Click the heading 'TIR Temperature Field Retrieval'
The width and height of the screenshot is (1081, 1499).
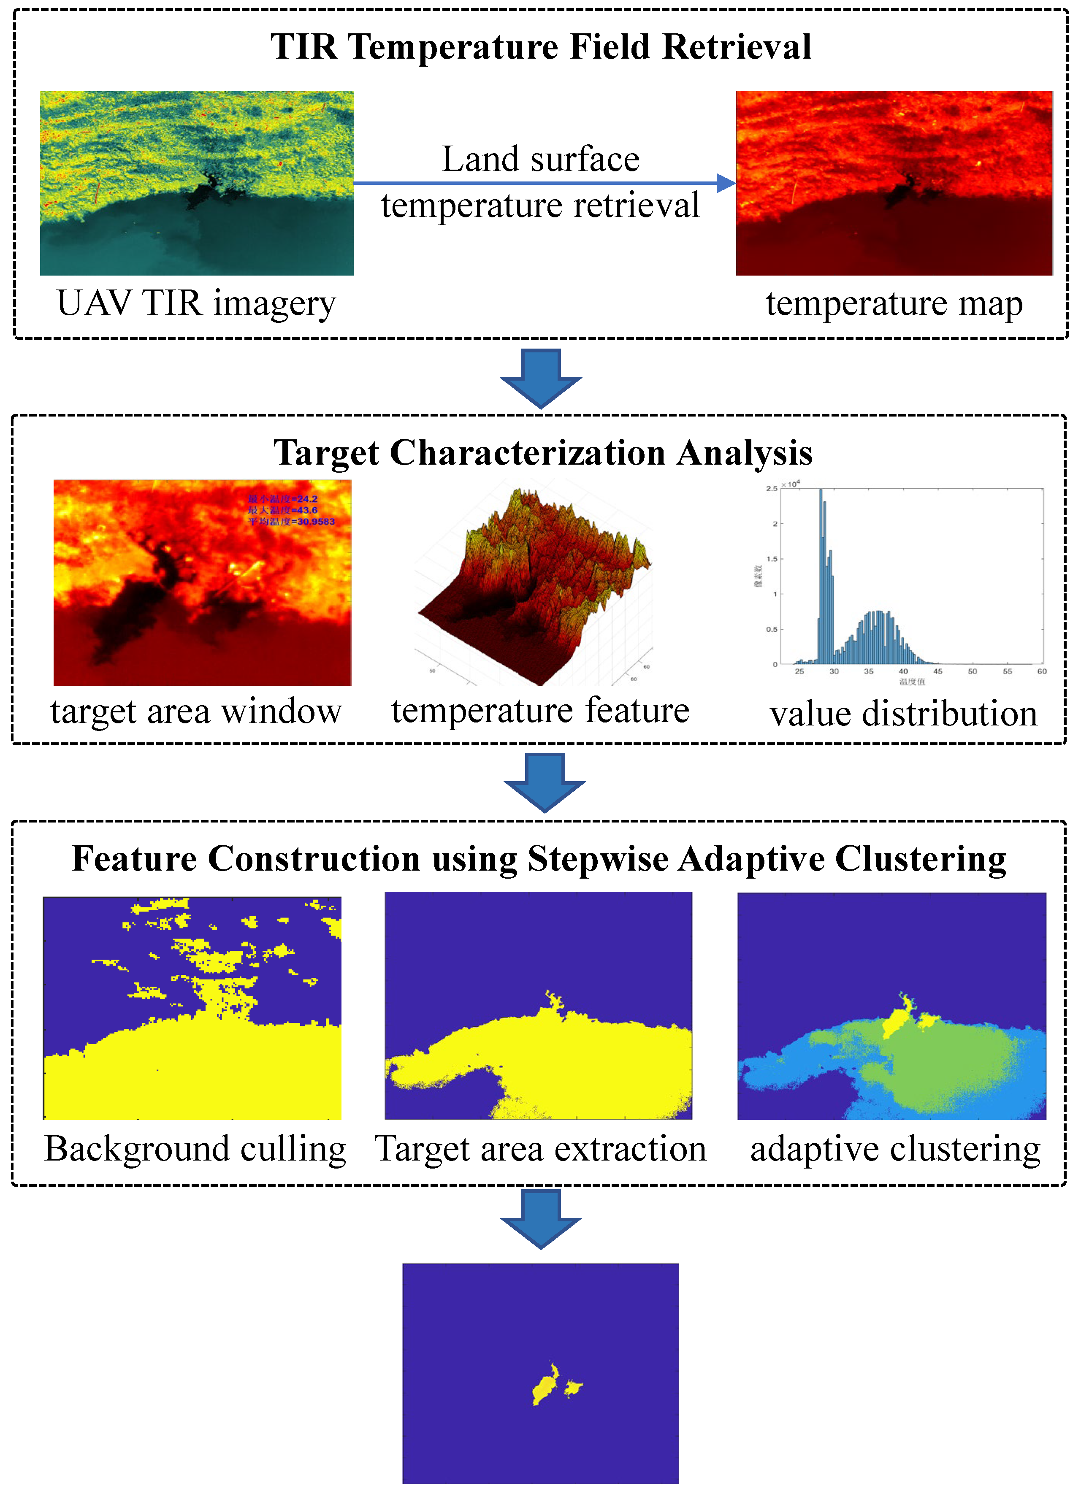click(540, 47)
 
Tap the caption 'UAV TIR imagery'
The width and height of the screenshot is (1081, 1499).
click(196, 303)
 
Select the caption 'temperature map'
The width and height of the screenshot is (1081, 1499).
click(894, 303)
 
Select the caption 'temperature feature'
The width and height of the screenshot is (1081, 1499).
click(540, 711)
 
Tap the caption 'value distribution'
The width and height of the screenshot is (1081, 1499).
click(903, 714)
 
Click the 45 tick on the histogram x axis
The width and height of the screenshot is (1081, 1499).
click(937, 671)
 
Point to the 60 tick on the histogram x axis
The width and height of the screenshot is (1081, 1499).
click(1041, 671)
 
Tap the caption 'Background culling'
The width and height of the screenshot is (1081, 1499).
click(196, 1149)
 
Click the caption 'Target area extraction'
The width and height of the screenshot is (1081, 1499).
click(540, 1149)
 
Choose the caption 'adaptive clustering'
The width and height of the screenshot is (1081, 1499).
click(895, 1149)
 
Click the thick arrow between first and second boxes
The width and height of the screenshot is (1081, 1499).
click(541, 377)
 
